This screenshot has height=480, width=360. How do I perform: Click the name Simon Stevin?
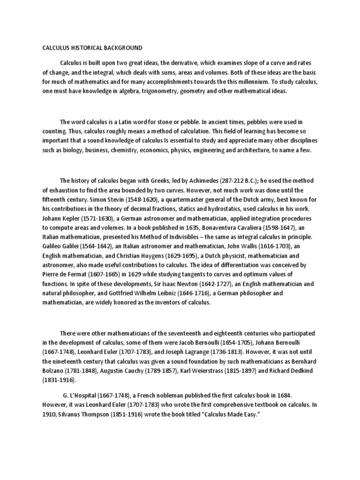104,199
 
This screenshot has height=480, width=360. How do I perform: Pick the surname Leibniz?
182,293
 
